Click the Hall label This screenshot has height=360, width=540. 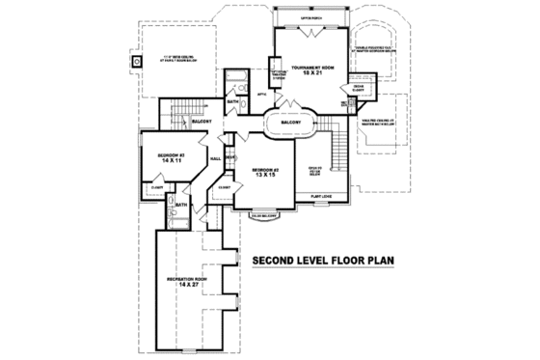(216, 156)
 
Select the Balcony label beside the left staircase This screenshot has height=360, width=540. (202, 122)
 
